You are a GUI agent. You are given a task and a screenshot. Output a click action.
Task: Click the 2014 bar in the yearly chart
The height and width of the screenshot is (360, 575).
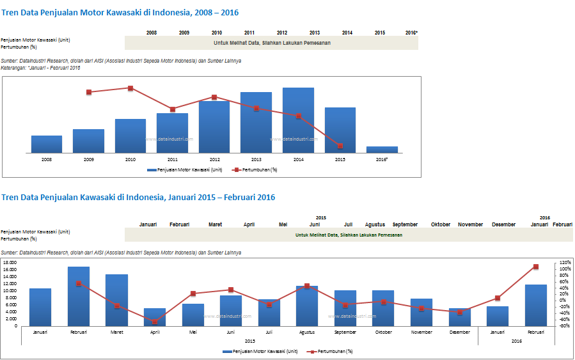[298, 120]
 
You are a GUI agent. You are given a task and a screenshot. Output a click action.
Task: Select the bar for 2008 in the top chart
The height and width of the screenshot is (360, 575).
[47, 145]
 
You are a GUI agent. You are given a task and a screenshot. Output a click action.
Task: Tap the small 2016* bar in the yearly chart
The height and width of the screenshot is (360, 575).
[382, 150]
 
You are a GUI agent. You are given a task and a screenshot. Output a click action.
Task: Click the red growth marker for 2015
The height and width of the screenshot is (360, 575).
[340, 146]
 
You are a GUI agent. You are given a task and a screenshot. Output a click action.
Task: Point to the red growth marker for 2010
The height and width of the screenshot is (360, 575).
[130, 88]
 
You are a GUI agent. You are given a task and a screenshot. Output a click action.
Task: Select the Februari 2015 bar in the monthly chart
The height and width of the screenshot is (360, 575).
[79, 296]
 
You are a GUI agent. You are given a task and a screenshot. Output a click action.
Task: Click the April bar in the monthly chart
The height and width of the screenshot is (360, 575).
[155, 317]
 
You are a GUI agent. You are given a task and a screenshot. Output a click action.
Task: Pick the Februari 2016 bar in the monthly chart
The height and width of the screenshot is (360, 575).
[536, 305]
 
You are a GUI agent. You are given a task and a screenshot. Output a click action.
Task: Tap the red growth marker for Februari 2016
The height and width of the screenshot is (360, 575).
[536, 267]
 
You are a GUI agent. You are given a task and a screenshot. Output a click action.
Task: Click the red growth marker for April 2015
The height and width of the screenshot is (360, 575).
[155, 322]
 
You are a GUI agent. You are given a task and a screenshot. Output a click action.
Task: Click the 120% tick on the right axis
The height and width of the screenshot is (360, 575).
[565, 263]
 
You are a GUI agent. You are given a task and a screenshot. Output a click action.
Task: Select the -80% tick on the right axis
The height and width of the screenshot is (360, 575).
[565, 326]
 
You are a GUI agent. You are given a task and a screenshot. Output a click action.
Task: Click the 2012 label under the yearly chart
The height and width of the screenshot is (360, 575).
[214, 159]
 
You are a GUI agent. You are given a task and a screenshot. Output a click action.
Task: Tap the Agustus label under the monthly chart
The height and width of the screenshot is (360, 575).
[307, 332]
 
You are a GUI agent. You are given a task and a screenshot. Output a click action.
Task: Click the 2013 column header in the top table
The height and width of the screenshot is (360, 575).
[315, 33]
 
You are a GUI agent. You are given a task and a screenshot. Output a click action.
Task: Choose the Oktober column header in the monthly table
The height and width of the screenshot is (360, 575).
[441, 224]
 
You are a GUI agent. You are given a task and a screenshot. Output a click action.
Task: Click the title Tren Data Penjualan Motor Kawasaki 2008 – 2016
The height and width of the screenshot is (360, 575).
[121, 12]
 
